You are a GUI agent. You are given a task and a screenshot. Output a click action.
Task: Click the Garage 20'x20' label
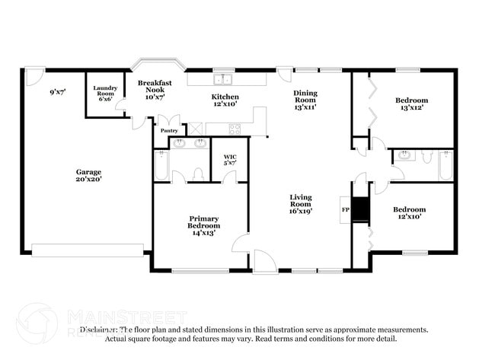(x=88, y=176)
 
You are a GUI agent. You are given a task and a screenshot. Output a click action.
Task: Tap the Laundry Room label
(x=104, y=93)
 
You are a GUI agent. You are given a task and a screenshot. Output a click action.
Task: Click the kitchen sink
(x=223, y=78)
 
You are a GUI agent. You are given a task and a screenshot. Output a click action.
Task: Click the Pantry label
(x=168, y=131)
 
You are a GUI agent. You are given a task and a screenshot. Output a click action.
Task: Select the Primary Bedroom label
(x=203, y=225)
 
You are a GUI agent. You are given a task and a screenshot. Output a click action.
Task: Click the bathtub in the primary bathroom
(x=161, y=166)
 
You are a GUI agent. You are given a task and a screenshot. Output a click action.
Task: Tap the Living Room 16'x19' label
(x=300, y=204)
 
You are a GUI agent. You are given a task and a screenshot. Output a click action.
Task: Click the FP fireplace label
(x=344, y=208)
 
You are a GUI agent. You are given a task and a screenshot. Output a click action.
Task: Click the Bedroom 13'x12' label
(x=411, y=104)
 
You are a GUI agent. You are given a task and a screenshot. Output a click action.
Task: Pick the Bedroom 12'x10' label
(x=409, y=212)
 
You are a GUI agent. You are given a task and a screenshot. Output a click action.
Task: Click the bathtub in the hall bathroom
(x=445, y=164)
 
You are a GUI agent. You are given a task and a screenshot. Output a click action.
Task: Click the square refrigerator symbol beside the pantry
(x=195, y=128)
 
